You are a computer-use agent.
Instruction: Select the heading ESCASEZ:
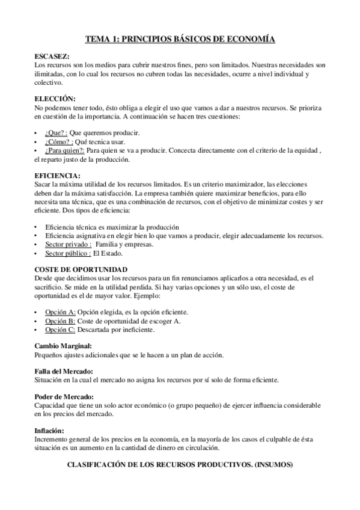[53, 56]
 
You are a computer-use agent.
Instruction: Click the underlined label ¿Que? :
[56, 132]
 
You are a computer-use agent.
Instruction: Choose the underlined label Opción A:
[61, 312]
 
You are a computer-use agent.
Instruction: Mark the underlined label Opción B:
[61, 321]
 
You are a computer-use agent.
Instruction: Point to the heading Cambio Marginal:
[63, 346]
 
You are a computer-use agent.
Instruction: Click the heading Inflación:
[49, 431]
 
